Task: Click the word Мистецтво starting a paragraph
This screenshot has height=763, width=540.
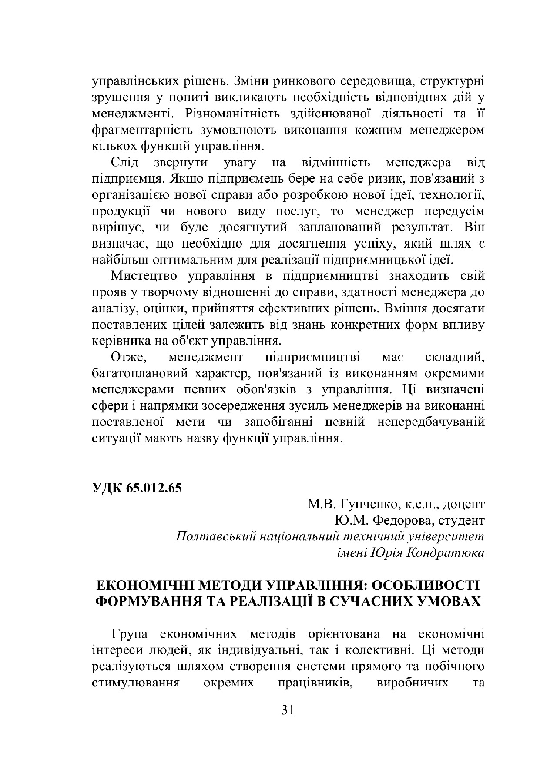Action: point(144,277)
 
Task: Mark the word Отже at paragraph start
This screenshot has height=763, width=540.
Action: point(128,358)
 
